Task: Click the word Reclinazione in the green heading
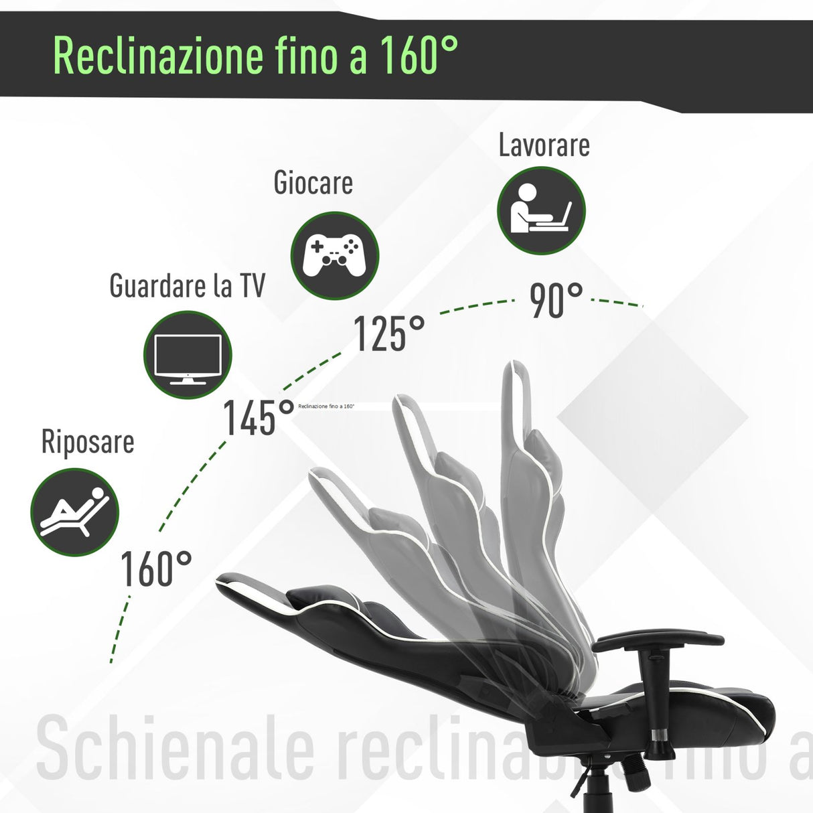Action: pos(159,56)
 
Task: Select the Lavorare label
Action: pos(544,145)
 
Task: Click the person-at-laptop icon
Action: pos(541,210)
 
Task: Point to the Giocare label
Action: pos(313,183)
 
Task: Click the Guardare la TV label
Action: pos(187,286)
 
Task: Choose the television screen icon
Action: pos(188,356)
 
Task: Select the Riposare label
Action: pos(88,442)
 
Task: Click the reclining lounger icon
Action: pos(74,512)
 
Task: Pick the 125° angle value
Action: pos(388,334)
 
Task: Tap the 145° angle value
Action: pos(258,418)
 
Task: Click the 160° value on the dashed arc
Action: pos(156,569)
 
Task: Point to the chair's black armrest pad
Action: pos(658,640)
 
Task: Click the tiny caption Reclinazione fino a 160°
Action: pos(326,406)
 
